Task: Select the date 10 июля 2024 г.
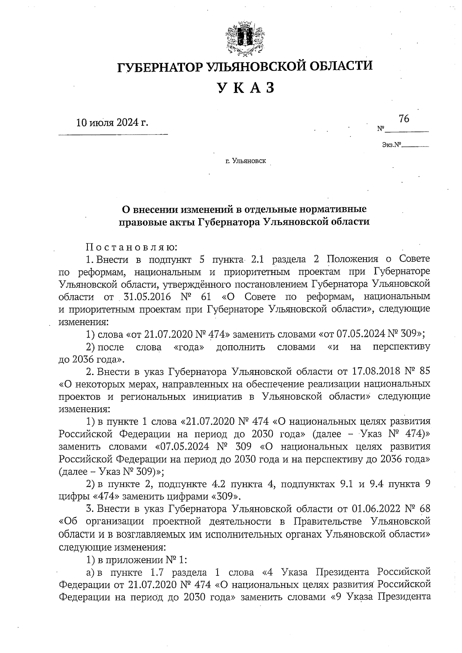pyautogui.click(x=112, y=123)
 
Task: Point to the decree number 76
pyautogui.click(x=404, y=119)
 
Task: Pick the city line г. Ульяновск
pyautogui.click(x=246, y=161)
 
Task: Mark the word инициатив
pyautogui.click(x=220, y=396)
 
